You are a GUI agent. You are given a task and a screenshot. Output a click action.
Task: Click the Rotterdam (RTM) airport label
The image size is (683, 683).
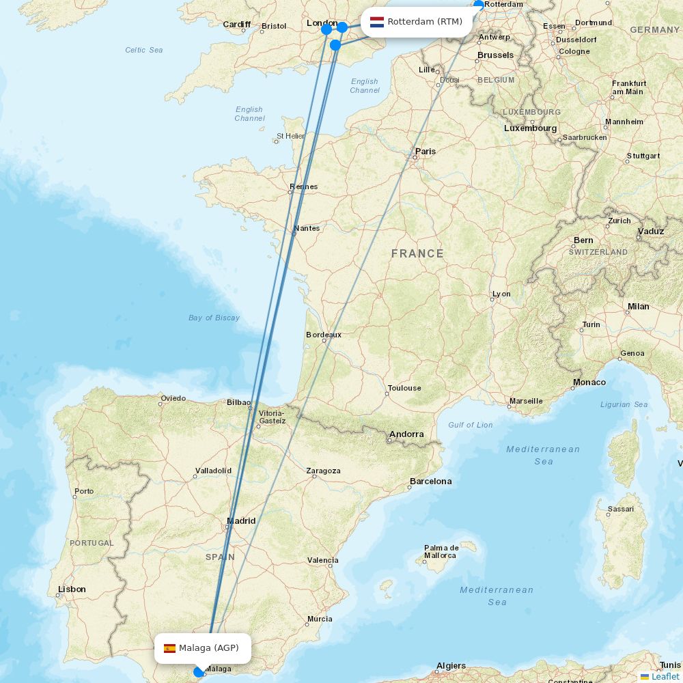(424, 22)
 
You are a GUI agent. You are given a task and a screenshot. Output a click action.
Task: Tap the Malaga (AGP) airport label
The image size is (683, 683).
(208, 648)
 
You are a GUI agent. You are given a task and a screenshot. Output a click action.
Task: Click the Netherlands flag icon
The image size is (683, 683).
(377, 22)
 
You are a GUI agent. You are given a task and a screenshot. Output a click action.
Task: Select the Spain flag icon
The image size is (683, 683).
(169, 648)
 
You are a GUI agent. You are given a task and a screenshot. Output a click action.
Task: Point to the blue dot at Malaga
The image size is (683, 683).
(199, 672)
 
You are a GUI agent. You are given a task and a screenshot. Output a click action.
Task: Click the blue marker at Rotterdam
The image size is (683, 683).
(479, 5)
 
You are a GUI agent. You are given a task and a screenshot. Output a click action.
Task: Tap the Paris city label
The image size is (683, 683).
(426, 152)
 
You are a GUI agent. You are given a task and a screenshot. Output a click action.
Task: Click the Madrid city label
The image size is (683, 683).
(241, 521)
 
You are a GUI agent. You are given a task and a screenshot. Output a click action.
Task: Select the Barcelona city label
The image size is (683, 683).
(430, 482)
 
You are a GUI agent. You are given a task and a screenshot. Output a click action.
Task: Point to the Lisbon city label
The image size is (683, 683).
(72, 589)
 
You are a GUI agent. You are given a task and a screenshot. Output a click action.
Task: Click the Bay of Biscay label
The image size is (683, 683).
(214, 318)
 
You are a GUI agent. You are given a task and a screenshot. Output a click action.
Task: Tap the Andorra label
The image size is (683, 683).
(406, 434)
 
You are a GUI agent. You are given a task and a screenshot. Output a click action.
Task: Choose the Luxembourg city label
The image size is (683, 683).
(530, 128)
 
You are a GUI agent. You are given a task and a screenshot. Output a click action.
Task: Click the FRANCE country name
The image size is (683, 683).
(417, 253)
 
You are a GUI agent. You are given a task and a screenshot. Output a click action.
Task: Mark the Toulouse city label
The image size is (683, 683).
(404, 389)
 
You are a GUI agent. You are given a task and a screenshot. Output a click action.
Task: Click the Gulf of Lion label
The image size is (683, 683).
(470, 425)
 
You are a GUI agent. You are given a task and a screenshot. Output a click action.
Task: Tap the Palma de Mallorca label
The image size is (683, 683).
(441, 552)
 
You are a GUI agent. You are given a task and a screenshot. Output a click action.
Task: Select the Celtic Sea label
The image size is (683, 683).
(144, 50)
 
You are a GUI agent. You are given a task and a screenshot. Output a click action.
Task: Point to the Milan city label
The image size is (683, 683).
(639, 307)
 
